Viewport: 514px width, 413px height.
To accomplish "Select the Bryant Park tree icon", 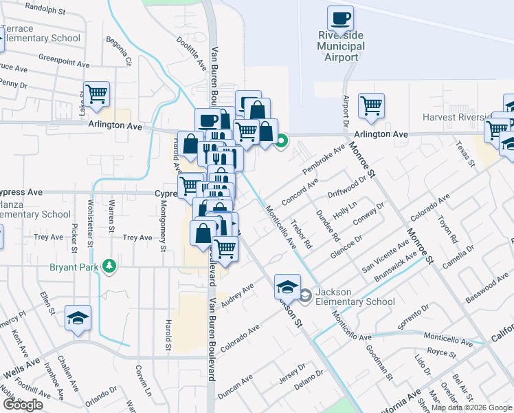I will pyautogui.click(x=108, y=266).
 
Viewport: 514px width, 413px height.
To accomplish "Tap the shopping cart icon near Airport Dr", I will pyautogui.click(x=371, y=106).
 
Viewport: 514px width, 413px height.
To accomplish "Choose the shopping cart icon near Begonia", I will pyautogui.click(x=96, y=94).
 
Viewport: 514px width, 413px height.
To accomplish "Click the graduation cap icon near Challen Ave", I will pyautogui.click(x=78, y=318).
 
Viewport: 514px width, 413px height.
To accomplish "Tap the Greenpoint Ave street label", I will pyautogui.click(x=65, y=60).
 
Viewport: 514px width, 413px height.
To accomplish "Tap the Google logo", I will pyautogui.click(x=22, y=405).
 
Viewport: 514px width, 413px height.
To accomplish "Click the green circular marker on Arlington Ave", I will pyautogui.click(x=282, y=142).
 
